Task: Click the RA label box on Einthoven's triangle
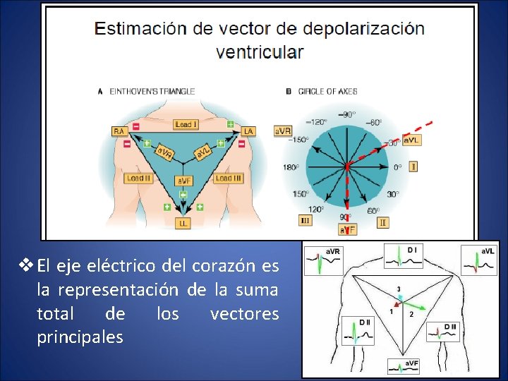click(119, 131)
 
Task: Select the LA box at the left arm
click(248, 131)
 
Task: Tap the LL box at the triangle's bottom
click(183, 223)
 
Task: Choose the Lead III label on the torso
click(229, 179)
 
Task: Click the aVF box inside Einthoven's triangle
click(183, 181)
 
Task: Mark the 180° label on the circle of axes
click(291, 167)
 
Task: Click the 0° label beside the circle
click(397, 167)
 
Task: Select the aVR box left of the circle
click(283, 131)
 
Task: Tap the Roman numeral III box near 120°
click(306, 220)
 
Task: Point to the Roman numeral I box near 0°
click(413, 167)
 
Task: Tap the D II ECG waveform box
click(357, 329)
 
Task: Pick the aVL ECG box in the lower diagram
click(480, 260)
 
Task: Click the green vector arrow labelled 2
click(416, 308)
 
